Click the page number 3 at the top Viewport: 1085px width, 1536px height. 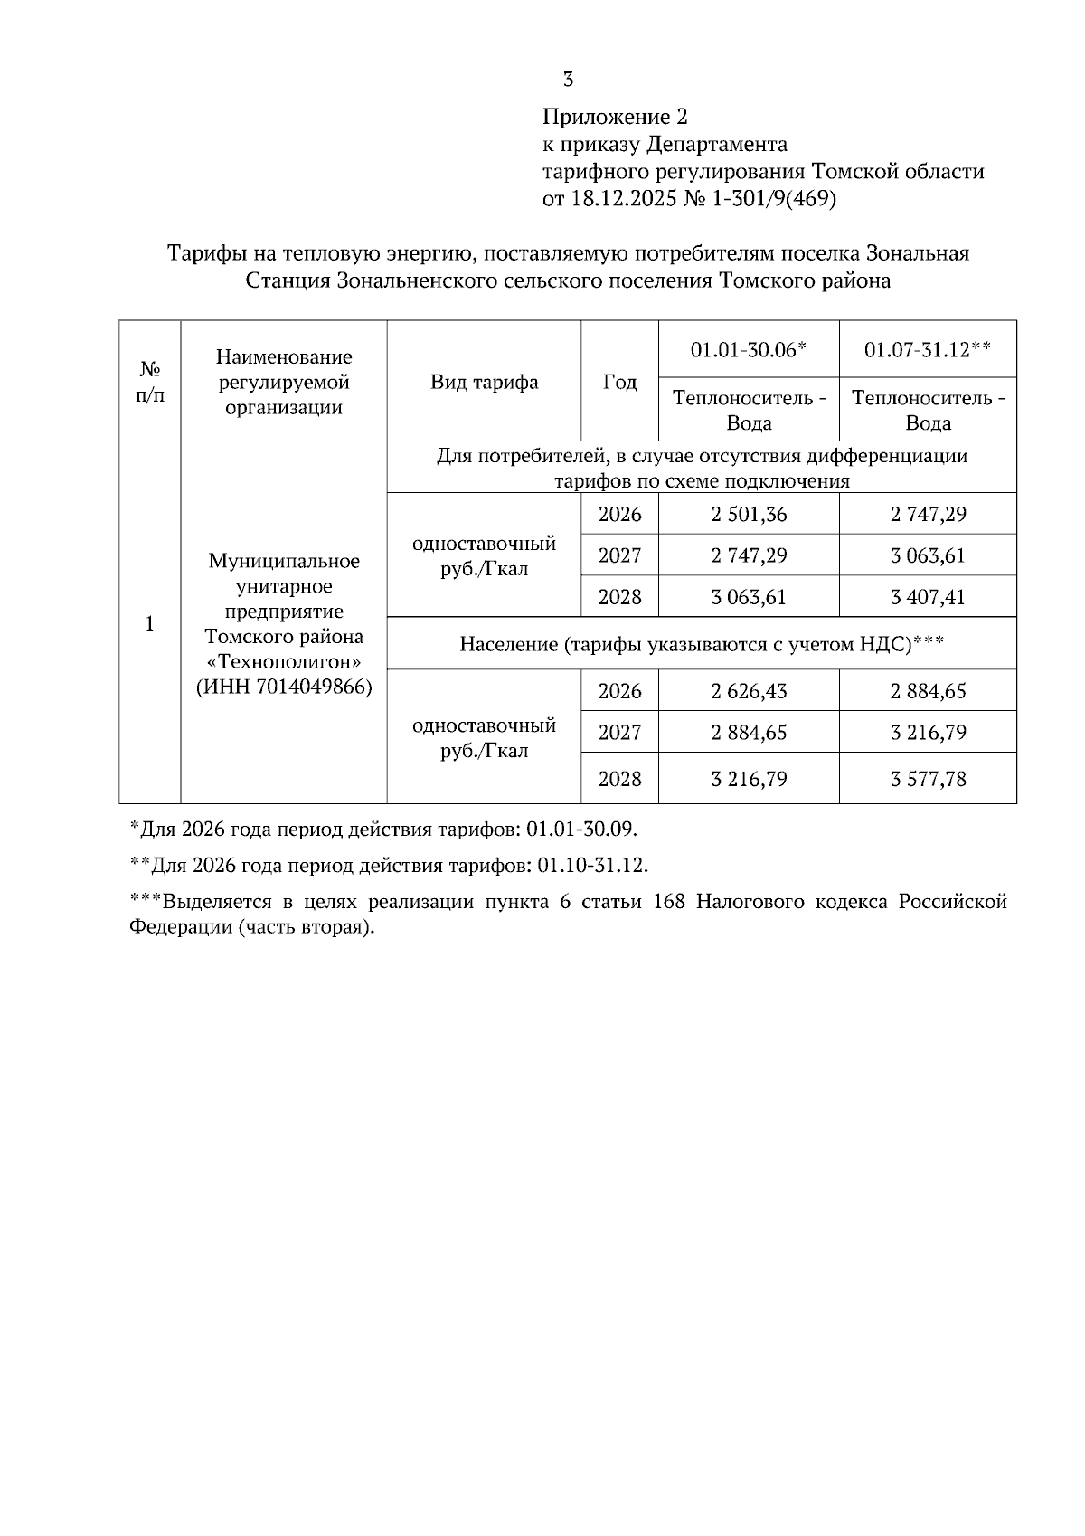[x=568, y=80]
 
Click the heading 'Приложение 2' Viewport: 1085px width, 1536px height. [x=615, y=117]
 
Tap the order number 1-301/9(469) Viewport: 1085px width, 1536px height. [x=774, y=198]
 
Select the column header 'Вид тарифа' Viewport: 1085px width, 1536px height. [x=484, y=382]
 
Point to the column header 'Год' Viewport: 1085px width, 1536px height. [x=619, y=382]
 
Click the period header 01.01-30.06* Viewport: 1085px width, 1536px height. [x=748, y=349]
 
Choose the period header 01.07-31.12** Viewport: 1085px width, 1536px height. [x=927, y=349]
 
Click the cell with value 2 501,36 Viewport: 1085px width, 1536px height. [x=749, y=515]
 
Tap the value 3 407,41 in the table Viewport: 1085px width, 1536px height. [x=928, y=597]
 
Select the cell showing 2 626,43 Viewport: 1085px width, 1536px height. [x=749, y=691]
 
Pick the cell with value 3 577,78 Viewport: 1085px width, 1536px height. [x=928, y=779]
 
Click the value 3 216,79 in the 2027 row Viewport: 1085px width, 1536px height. [x=928, y=732]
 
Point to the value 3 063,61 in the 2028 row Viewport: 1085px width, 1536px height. [x=749, y=597]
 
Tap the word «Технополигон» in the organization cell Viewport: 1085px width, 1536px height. [x=284, y=661]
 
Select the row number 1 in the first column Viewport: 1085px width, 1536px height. [x=149, y=623]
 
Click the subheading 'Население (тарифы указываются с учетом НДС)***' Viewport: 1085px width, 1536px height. [x=702, y=644]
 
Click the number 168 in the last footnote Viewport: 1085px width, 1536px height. [x=667, y=903]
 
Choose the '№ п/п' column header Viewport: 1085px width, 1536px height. [x=150, y=382]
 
